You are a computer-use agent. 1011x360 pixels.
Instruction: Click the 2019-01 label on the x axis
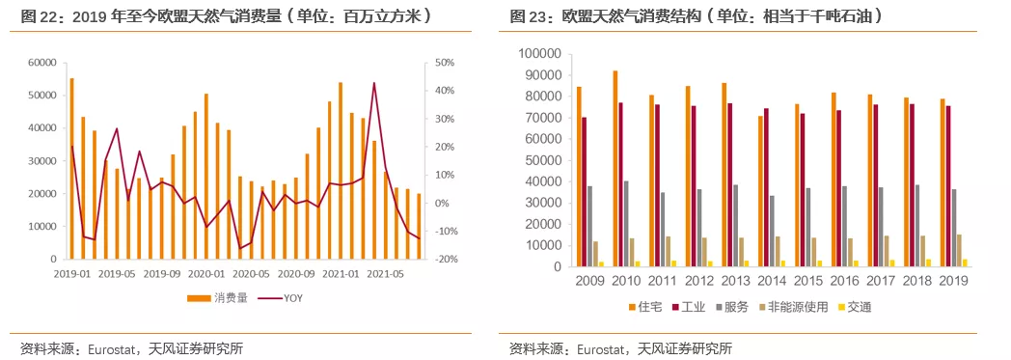[x=72, y=273]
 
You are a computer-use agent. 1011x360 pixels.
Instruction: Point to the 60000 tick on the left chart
[x=41, y=63]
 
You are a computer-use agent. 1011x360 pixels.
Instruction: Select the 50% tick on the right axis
[x=443, y=63]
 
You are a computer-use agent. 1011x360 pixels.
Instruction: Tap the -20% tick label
[x=445, y=260]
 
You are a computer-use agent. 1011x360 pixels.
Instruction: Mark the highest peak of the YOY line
[x=374, y=84]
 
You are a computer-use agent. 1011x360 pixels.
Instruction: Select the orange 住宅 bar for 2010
[x=615, y=168]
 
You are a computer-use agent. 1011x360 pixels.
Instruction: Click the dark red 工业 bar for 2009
[x=584, y=191]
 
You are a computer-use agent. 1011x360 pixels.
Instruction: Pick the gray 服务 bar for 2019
[x=954, y=228]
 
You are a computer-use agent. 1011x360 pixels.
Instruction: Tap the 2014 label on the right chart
[x=772, y=281]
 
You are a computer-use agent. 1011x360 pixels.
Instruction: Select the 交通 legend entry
[x=859, y=307]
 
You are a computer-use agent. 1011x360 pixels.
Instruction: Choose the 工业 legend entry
[x=689, y=307]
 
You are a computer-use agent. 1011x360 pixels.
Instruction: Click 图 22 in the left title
[x=40, y=16]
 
